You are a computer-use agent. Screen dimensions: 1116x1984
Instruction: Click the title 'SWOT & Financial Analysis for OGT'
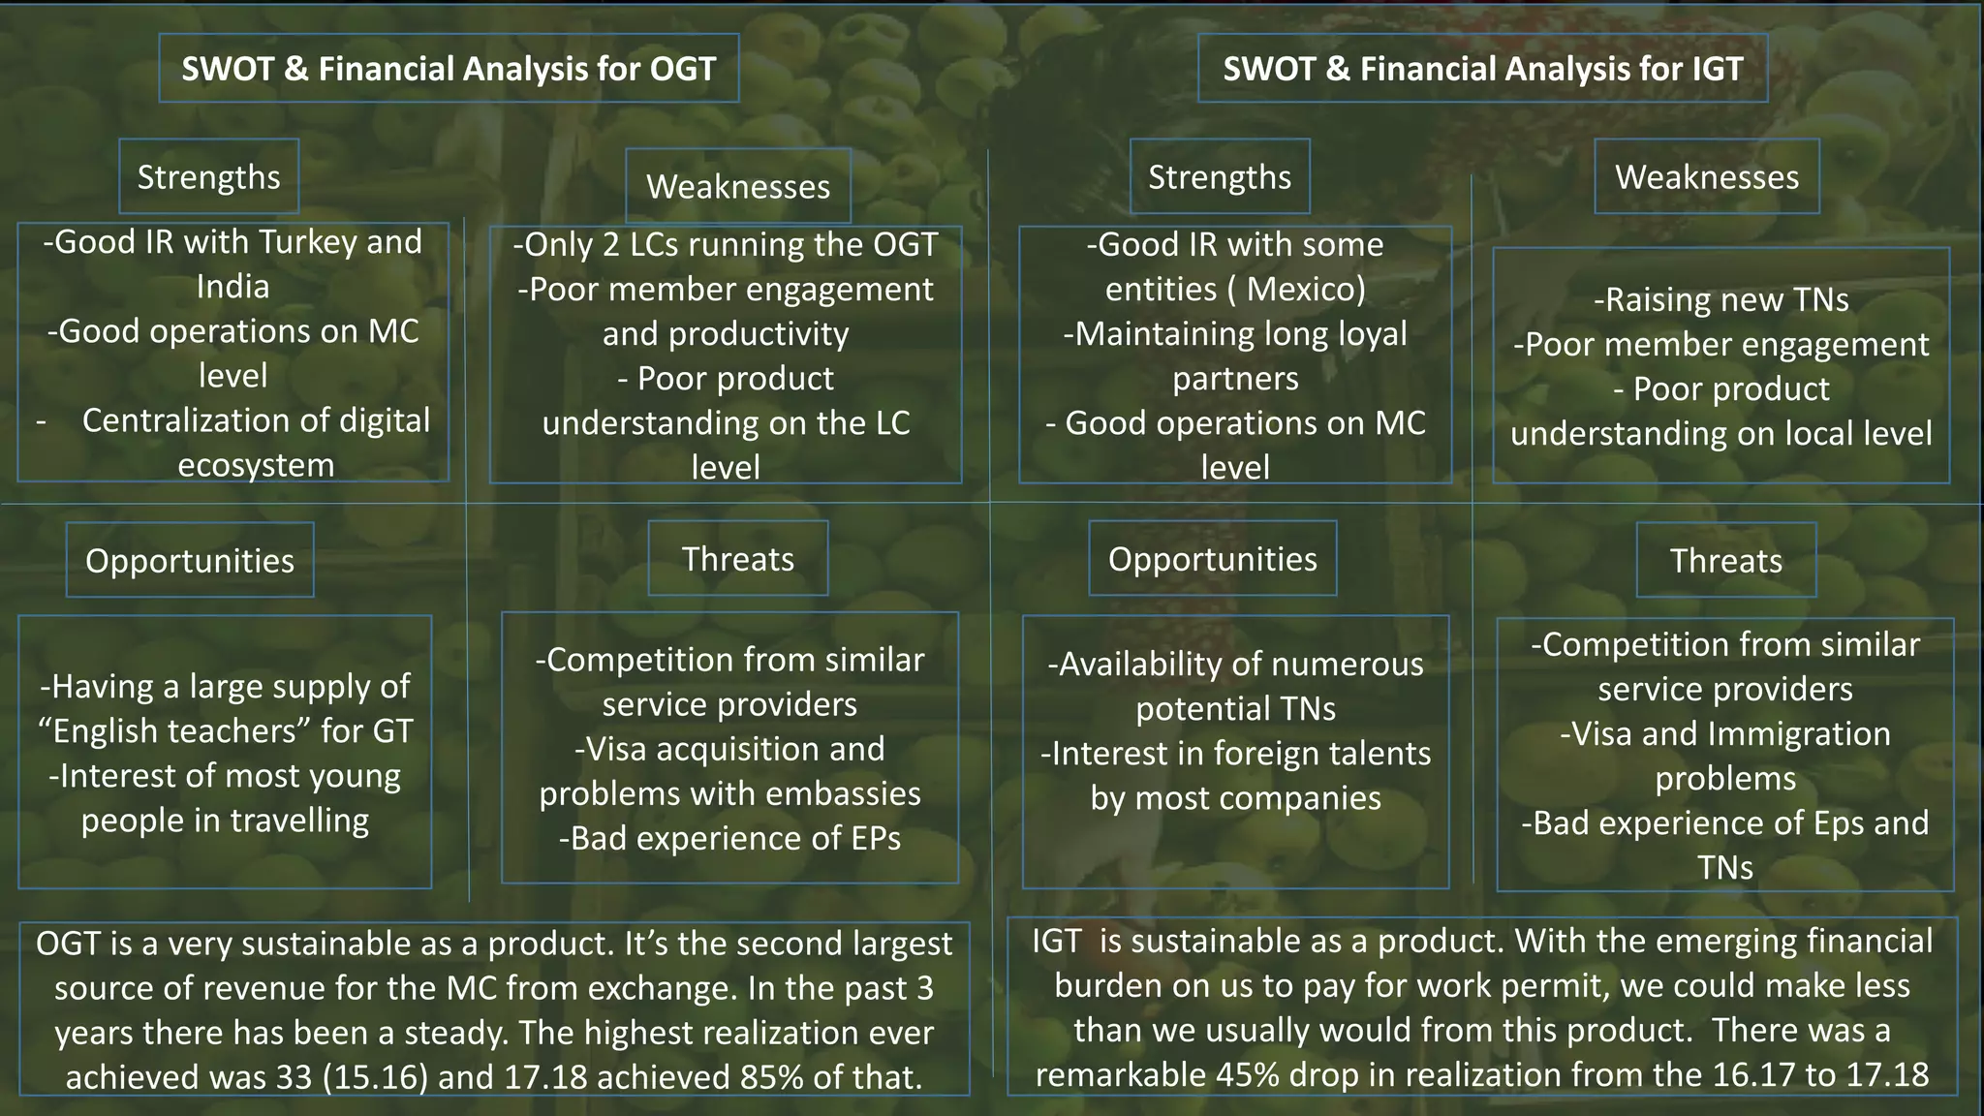click(449, 69)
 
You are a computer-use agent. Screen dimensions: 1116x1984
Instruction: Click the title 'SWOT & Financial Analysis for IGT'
click(1482, 69)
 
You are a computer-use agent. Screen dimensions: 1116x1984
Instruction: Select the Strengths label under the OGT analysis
click(208, 177)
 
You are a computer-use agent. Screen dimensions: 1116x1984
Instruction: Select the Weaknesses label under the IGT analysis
click(1706, 177)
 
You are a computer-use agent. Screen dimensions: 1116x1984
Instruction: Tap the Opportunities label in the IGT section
click(1212, 559)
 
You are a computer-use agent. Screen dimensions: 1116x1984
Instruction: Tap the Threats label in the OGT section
click(737, 559)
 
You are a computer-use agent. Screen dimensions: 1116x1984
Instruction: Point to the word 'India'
click(232, 287)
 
